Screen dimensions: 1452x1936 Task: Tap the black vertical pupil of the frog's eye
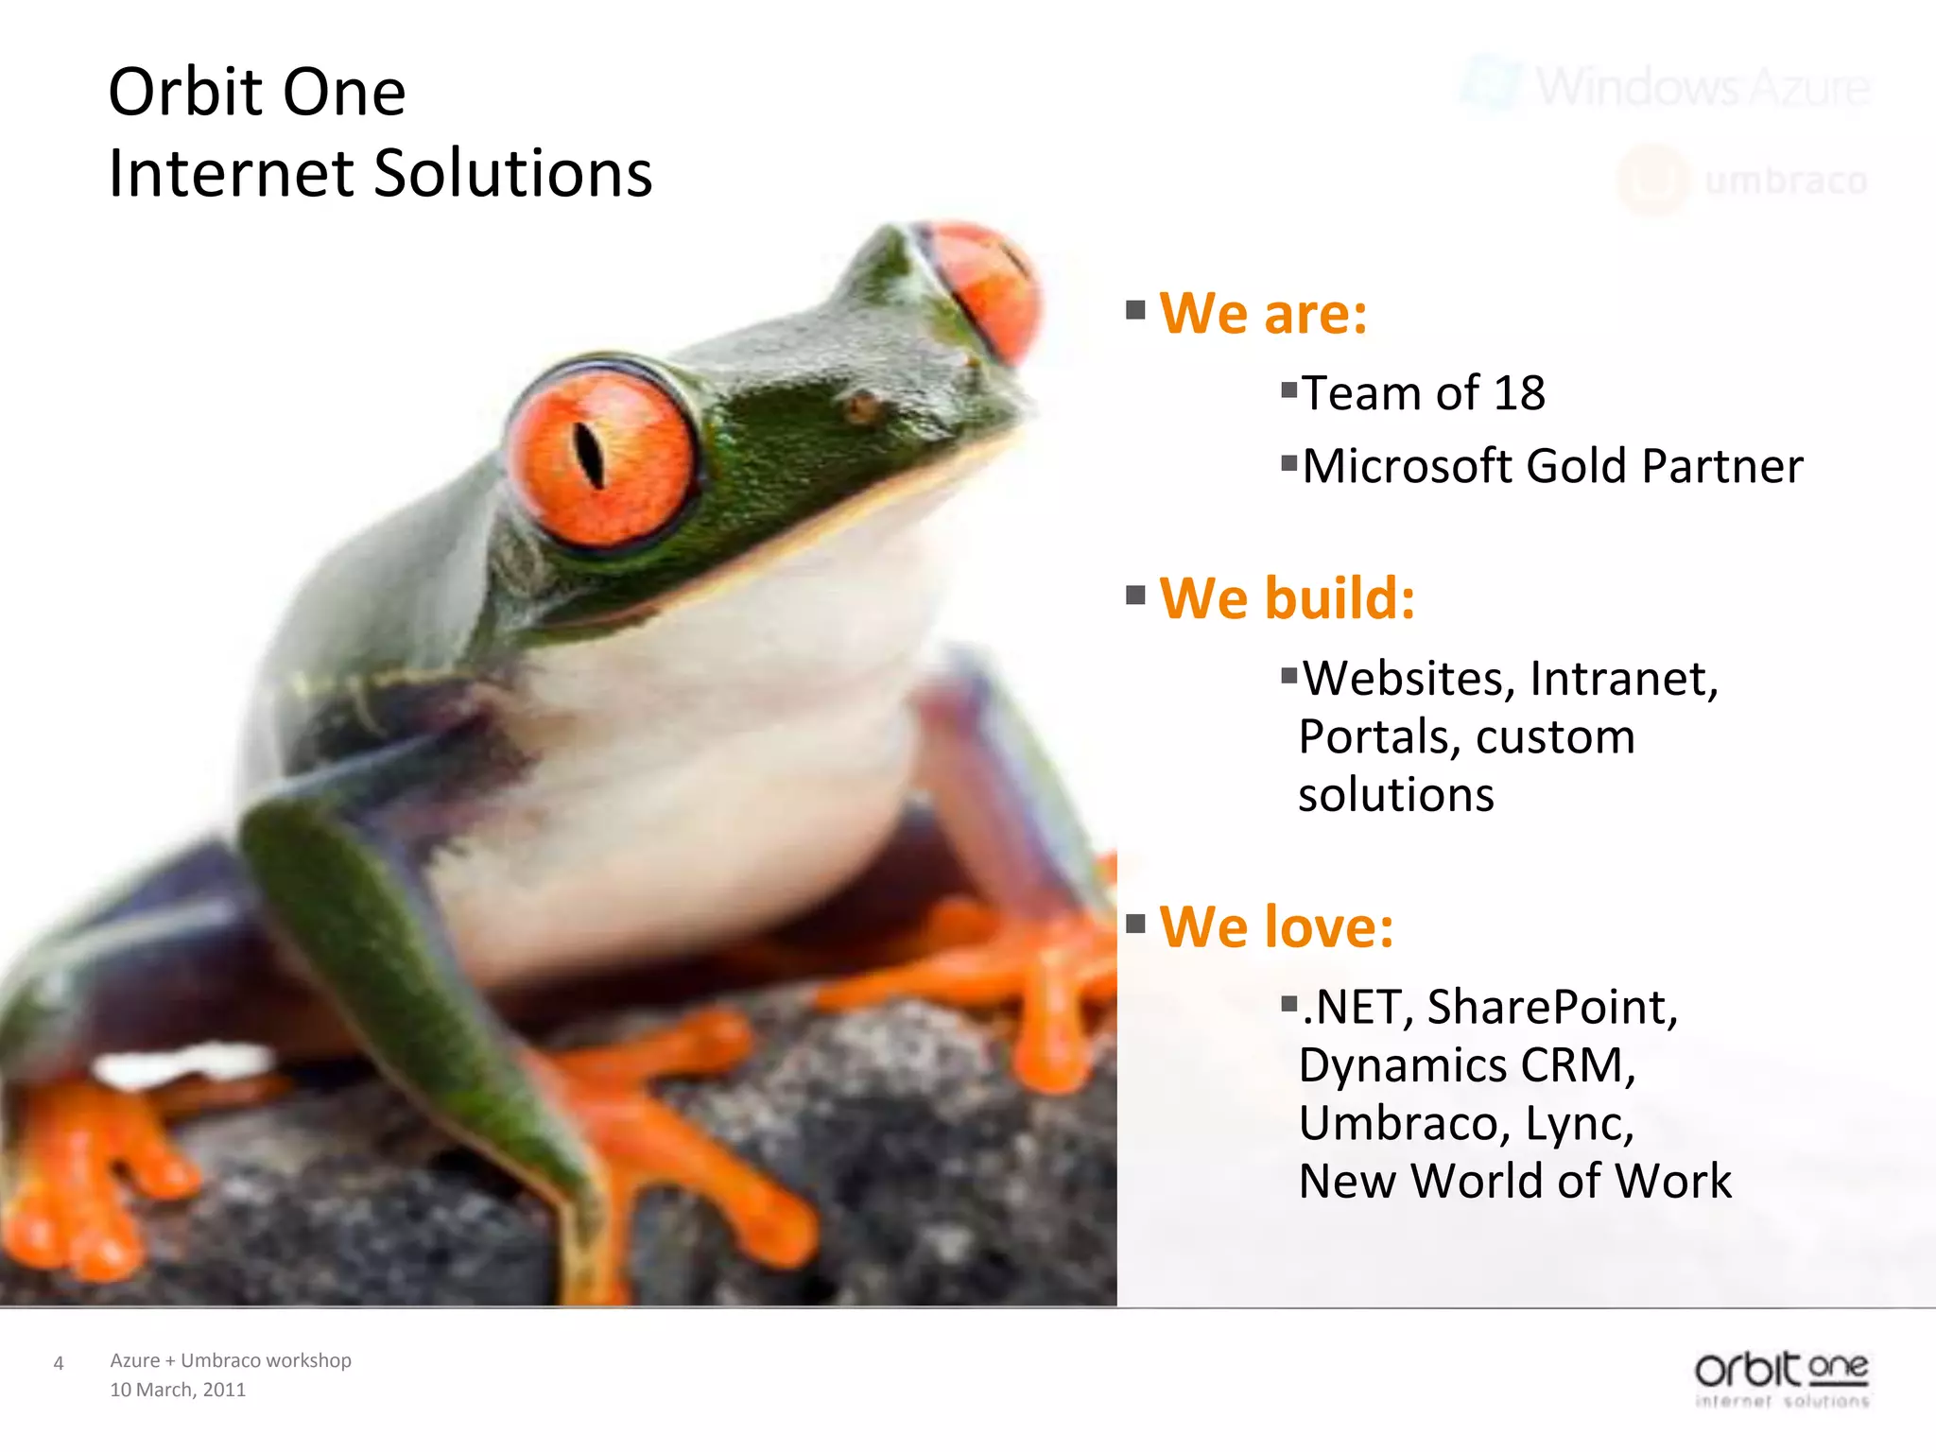coord(589,455)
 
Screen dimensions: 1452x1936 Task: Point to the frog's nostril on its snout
coord(861,406)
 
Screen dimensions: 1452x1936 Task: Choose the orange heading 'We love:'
coord(1276,926)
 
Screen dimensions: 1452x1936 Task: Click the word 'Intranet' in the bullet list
coord(1623,679)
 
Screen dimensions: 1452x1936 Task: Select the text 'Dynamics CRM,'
coord(1466,1065)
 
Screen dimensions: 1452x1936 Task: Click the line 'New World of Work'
coord(1514,1182)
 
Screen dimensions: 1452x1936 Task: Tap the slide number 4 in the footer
coord(59,1363)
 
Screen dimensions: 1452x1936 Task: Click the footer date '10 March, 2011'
coord(178,1390)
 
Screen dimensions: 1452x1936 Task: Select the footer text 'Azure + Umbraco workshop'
coord(231,1360)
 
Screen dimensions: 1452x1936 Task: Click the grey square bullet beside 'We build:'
coord(1135,596)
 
